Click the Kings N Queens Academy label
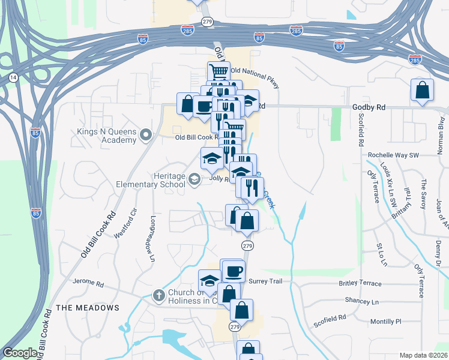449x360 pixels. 106,136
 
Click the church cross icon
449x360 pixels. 158,295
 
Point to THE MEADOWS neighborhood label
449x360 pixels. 88,308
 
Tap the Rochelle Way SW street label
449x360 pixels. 393,155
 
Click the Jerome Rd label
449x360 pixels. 88,281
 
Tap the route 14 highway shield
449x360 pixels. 13,77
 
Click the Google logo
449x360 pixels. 20,353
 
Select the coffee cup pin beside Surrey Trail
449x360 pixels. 233,271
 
